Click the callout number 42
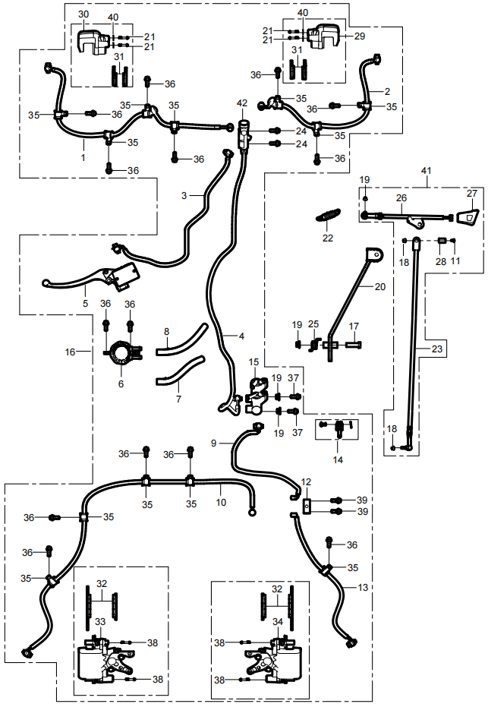[x=241, y=103]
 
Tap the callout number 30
[x=83, y=14]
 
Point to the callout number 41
[x=427, y=172]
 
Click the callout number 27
[x=472, y=193]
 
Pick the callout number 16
[x=70, y=352]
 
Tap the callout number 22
[x=327, y=238]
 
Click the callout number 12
[x=306, y=481]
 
